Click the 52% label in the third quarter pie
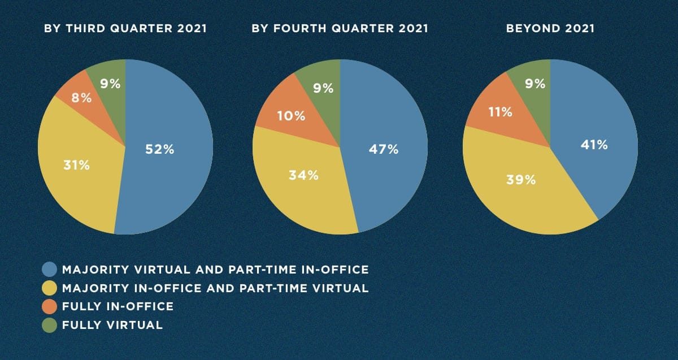159,150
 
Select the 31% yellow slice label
76,166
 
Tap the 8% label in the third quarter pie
81,98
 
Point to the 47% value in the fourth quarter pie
384,150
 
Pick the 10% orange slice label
291,116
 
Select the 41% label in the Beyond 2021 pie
594,145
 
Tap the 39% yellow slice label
520,180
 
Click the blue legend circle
50,270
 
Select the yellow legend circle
50,288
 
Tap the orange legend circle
50,307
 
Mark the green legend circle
50,326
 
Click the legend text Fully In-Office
118,306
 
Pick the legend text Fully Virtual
112,325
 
